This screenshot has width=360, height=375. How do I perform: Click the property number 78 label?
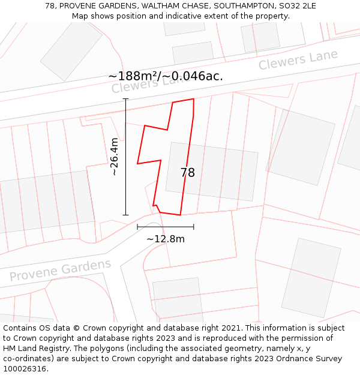pyautogui.click(x=188, y=173)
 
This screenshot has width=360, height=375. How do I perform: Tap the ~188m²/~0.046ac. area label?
pyautogui.click(x=166, y=76)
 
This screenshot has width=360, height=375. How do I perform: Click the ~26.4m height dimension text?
pyautogui.click(x=114, y=157)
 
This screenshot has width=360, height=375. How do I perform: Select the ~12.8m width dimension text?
pyautogui.click(x=166, y=239)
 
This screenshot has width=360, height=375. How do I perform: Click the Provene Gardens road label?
pyautogui.click(x=60, y=271)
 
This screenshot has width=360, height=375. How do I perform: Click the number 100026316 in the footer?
pyautogui.click(x=26, y=369)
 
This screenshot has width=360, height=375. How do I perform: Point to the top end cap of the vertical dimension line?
pyautogui.click(x=125, y=99)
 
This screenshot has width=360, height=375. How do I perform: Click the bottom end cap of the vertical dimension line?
pyautogui.click(x=125, y=215)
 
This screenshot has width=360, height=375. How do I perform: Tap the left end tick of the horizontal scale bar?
pyautogui.click(x=137, y=227)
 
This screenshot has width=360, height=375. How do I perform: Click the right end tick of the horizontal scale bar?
pyautogui.click(x=194, y=227)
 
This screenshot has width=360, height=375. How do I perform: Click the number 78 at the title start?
pyautogui.click(x=50, y=6)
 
